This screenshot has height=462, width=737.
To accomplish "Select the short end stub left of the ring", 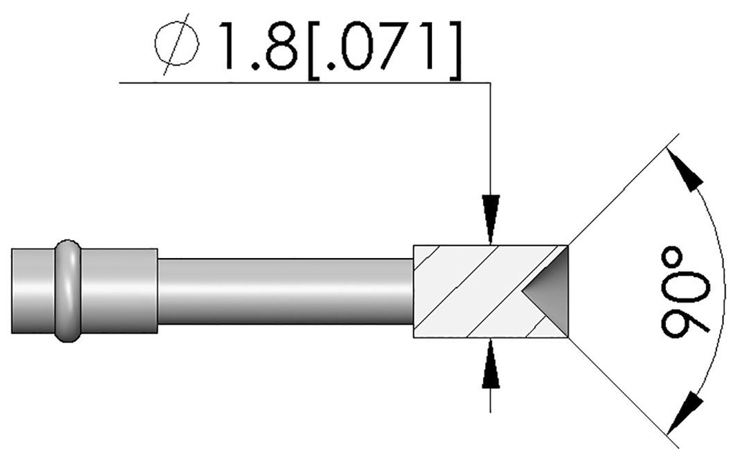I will (33, 290).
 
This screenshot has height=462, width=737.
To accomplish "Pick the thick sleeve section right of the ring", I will (119, 290).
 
